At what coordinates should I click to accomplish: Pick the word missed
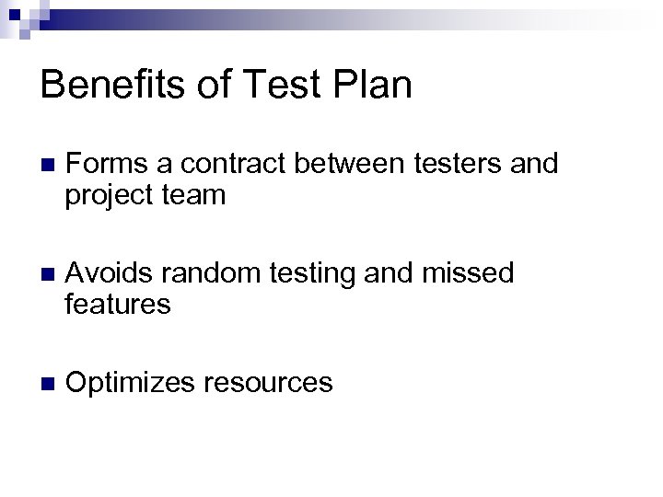pyautogui.click(x=475, y=273)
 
